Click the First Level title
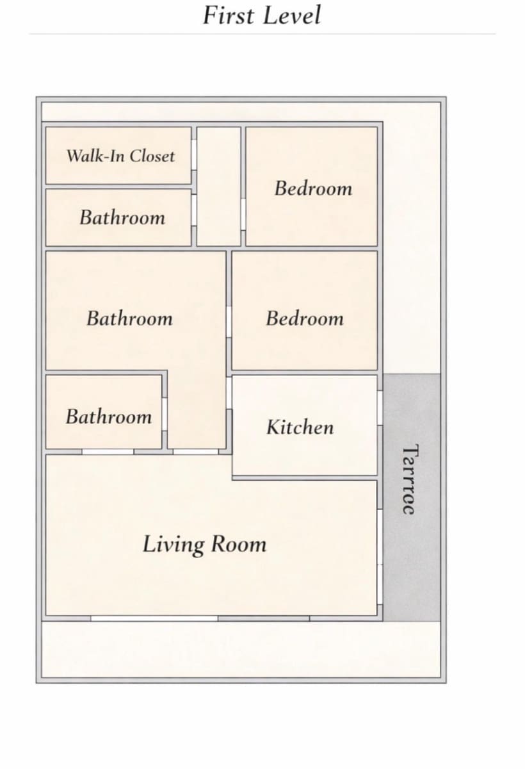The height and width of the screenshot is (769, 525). [x=262, y=15]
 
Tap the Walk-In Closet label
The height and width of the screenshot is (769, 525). [x=121, y=156]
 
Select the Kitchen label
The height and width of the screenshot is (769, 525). [x=300, y=427]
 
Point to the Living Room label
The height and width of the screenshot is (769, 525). [x=204, y=544]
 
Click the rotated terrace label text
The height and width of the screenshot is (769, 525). [x=410, y=479]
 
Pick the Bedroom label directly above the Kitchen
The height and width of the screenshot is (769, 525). [x=305, y=318]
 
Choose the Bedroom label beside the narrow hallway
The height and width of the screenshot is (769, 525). [x=314, y=188]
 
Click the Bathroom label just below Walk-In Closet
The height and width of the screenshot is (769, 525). [x=122, y=218]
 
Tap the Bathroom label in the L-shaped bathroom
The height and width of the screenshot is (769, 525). [x=129, y=318]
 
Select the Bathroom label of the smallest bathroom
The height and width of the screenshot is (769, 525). [x=109, y=417]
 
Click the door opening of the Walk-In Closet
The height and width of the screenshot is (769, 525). [x=194, y=154]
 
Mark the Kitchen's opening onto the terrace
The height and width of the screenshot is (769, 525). [x=380, y=408]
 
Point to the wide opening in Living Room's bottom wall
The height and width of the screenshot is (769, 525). [x=154, y=618]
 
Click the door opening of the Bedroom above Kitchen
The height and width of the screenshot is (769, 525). [x=229, y=322]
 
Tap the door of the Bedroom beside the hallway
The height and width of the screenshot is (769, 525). [x=243, y=215]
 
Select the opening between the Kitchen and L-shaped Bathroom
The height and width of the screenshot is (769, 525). [x=229, y=393]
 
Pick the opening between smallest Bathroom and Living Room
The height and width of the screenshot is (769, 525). [x=108, y=452]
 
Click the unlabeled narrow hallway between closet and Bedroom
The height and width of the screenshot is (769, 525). [x=219, y=186]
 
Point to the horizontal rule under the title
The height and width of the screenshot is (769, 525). [x=262, y=34]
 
